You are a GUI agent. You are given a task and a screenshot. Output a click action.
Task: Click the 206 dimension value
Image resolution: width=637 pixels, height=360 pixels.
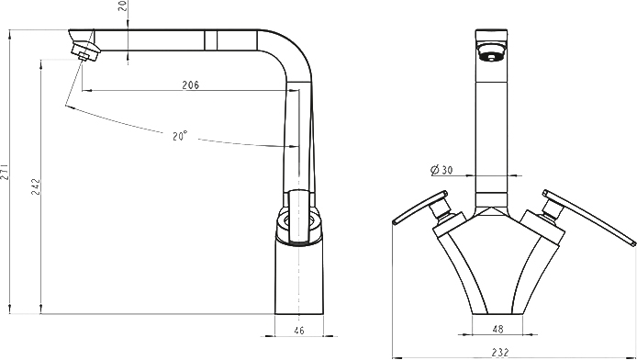[191, 84]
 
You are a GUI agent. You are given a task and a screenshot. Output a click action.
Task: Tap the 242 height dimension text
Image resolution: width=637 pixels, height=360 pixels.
[36, 186]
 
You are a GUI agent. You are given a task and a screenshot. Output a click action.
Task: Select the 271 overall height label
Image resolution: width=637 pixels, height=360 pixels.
[4, 172]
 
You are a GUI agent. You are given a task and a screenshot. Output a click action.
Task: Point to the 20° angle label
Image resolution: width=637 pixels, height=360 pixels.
[180, 135]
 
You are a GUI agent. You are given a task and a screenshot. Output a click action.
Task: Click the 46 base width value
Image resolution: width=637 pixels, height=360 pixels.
[298, 331]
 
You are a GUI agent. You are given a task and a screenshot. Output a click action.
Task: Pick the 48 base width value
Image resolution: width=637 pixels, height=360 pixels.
[497, 329]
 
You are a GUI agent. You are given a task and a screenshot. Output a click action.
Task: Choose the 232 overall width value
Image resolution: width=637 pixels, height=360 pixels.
[499, 353]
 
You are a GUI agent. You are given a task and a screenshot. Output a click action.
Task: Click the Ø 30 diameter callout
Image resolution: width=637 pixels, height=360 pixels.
[441, 170]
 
